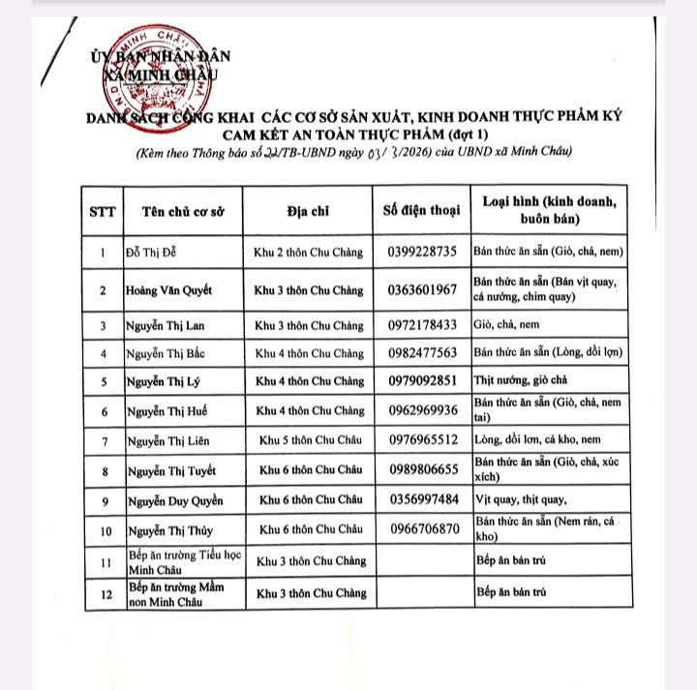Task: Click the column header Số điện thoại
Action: coord(420,210)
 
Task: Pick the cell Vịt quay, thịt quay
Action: coord(520,500)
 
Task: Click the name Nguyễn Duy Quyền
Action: coord(174,500)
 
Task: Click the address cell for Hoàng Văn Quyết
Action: coord(309,289)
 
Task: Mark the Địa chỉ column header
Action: coord(309,210)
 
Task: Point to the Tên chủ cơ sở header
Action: coord(183,210)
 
